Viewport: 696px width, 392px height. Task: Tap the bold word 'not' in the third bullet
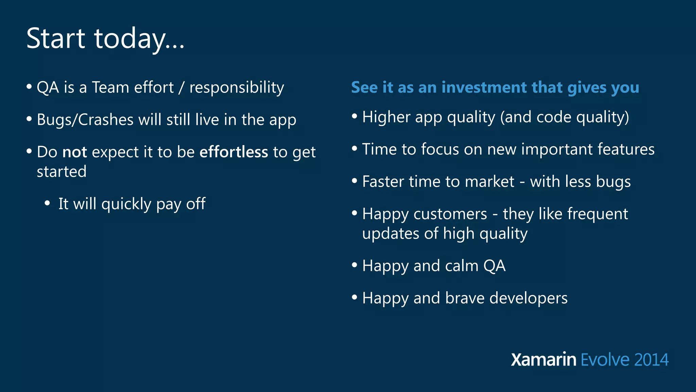click(75, 152)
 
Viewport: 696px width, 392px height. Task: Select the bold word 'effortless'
click(233, 152)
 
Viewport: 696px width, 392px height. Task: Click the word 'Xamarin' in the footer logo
click(543, 360)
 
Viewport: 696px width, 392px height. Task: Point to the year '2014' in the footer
click(651, 360)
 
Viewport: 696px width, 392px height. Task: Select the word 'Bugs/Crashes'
click(85, 120)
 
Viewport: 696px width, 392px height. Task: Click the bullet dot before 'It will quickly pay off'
click(47, 203)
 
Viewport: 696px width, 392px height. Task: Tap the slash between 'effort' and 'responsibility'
click(181, 88)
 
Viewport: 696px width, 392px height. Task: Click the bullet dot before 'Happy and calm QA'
click(354, 265)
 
